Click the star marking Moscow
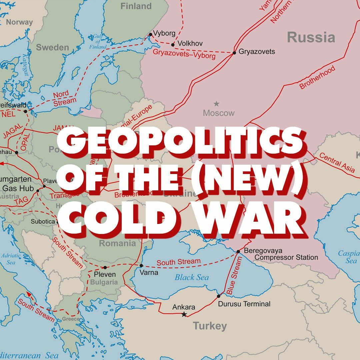(x=217, y=104)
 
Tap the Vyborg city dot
(x=150, y=34)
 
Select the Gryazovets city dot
(x=234, y=52)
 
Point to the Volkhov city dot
(x=173, y=45)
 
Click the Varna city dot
(x=141, y=266)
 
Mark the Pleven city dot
(x=105, y=267)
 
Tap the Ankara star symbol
(x=184, y=314)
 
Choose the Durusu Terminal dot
(x=219, y=296)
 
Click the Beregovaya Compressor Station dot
(x=238, y=251)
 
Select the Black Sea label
(x=192, y=277)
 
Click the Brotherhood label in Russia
(x=317, y=78)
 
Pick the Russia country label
(x=311, y=37)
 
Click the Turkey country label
(x=210, y=326)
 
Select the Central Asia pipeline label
(x=337, y=162)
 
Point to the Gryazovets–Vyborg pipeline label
(x=184, y=54)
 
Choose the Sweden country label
(x=52, y=47)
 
